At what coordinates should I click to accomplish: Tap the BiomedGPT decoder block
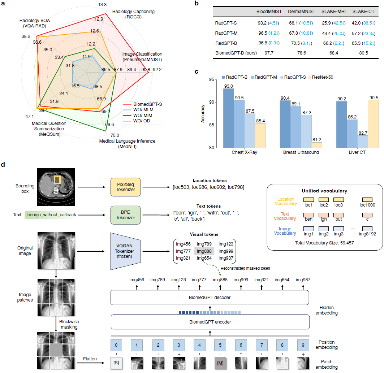(210, 297)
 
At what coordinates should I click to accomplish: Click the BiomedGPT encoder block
(210, 322)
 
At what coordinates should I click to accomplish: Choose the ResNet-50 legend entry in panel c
(318, 77)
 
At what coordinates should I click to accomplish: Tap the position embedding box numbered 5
(220, 345)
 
